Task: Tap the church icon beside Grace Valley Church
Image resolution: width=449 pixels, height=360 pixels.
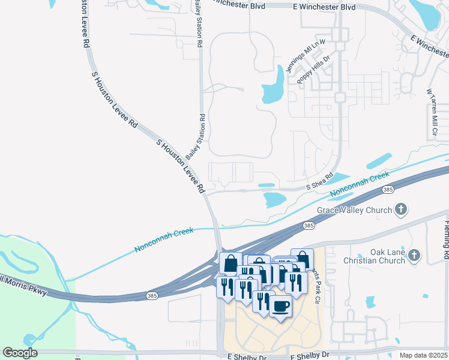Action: tap(401, 210)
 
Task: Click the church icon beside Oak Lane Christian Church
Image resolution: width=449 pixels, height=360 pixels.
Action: tap(414, 256)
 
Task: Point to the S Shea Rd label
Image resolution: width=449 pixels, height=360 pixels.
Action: tap(319, 182)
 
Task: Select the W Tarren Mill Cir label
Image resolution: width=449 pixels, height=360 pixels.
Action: tap(432, 113)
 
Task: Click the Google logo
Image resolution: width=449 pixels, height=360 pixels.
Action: tap(20, 353)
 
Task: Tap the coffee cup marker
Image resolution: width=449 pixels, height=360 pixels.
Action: tap(280, 307)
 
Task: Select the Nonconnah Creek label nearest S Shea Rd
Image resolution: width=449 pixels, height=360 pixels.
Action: tap(360, 185)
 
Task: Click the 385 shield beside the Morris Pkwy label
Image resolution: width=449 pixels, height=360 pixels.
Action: tap(153, 296)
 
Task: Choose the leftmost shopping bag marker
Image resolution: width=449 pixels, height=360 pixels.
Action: tap(231, 263)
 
